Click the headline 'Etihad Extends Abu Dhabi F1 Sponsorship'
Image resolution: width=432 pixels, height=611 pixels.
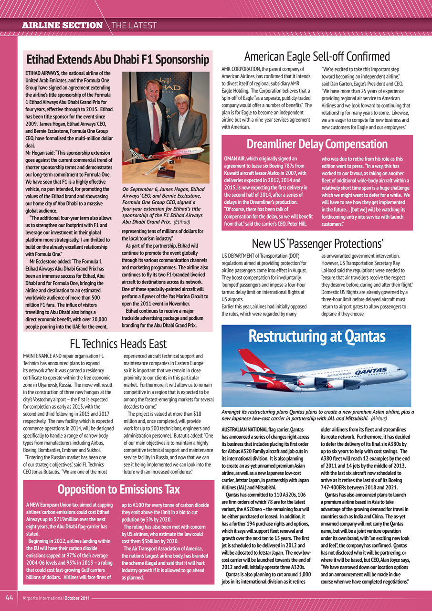tap(117, 60)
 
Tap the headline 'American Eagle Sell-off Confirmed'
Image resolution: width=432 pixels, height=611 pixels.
tap(317, 56)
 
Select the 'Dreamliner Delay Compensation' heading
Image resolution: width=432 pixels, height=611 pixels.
tap(317, 144)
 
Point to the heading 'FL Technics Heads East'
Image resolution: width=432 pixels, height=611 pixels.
tap(118, 343)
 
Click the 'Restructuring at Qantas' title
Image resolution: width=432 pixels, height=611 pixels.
tap(317, 337)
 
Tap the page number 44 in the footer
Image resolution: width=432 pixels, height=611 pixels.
tap(9, 597)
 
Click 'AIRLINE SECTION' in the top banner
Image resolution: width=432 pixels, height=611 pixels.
tap(63, 25)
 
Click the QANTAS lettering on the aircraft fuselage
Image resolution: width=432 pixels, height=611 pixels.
tap(370, 370)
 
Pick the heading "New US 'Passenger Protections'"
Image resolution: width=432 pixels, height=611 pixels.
tap(317, 244)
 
